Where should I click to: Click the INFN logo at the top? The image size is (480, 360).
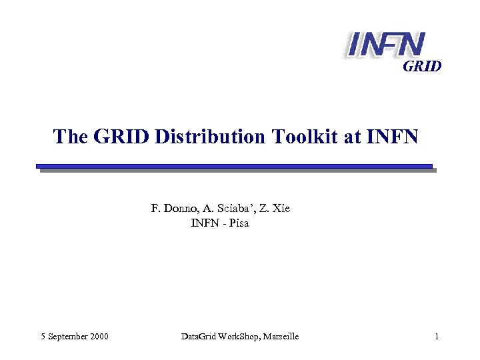tap(385, 44)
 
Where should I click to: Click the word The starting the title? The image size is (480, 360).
tap(69, 137)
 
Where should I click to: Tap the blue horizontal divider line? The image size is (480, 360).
tap(234, 166)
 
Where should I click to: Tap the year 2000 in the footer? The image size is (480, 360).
tap(99, 337)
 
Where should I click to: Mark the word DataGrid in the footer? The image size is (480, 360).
tap(197, 337)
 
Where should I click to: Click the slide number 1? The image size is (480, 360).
tap(436, 337)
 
